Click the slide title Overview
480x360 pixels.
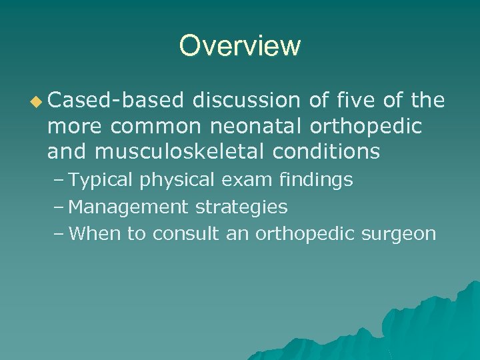coord(240,46)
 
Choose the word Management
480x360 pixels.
coord(129,207)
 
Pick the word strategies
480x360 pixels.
coord(241,207)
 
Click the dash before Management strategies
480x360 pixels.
coord(60,207)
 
